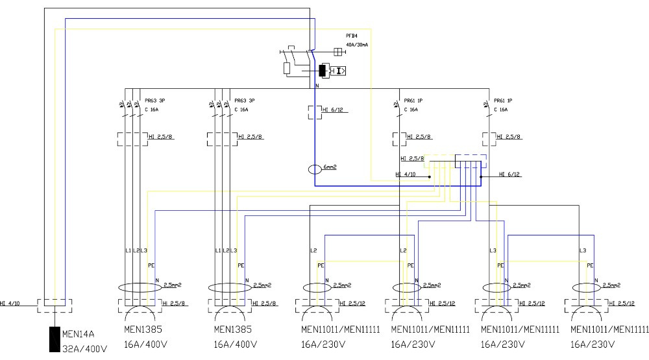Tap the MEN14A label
(x=78, y=335)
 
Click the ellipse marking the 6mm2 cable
(x=315, y=170)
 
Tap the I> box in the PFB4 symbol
(x=339, y=70)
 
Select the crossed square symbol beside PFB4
(x=337, y=51)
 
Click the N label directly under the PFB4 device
(x=317, y=86)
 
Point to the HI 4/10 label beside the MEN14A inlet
(x=10, y=304)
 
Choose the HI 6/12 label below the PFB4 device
(x=333, y=110)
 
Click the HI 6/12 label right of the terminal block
(x=509, y=174)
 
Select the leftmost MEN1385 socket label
(x=138, y=330)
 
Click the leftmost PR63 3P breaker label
(x=154, y=101)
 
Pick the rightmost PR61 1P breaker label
(x=503, y=101)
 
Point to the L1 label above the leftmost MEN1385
(x=127, y=250)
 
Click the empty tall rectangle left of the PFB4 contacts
(x=287, y=67)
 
